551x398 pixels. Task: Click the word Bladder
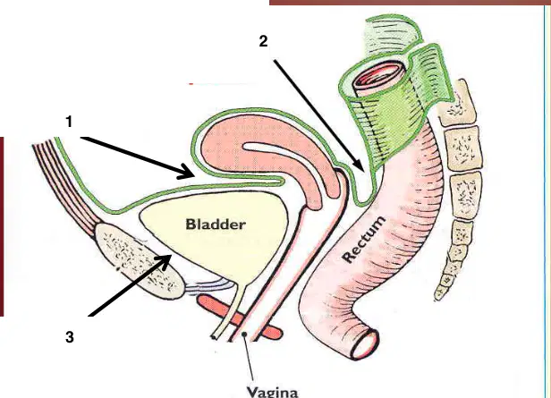[216, 224]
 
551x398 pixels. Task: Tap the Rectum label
[363, 239]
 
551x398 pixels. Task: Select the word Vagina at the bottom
[272, 392]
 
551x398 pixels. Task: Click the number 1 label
[69, 122]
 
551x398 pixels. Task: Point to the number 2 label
[263, 41]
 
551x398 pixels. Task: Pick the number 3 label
[70, 337]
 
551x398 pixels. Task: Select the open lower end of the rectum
[366, 344]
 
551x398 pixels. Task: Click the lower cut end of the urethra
[214, 337]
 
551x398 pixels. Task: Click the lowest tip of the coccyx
[437, 298]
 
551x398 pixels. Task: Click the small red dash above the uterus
[191, 84]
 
